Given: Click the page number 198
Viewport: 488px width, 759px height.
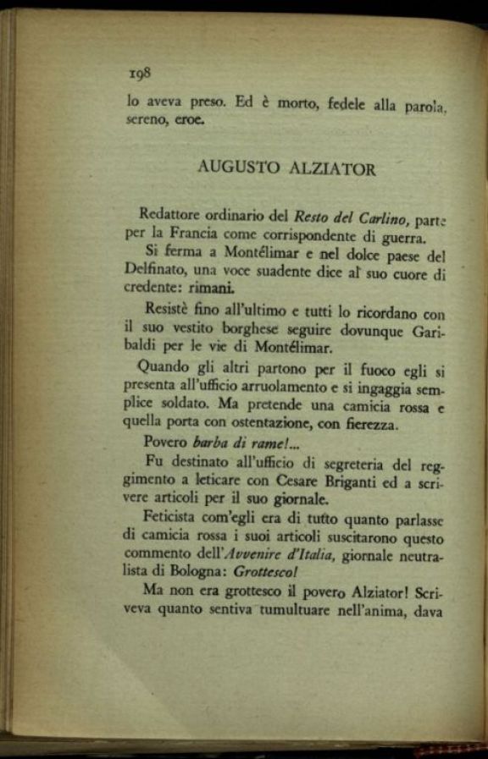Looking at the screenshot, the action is pos(140,73).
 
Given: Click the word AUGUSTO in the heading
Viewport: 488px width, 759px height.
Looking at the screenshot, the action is pos(237,168).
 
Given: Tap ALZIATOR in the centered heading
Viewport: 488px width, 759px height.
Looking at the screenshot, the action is pos(331,168).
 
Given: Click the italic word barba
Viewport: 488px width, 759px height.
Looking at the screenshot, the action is pos(210,442).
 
